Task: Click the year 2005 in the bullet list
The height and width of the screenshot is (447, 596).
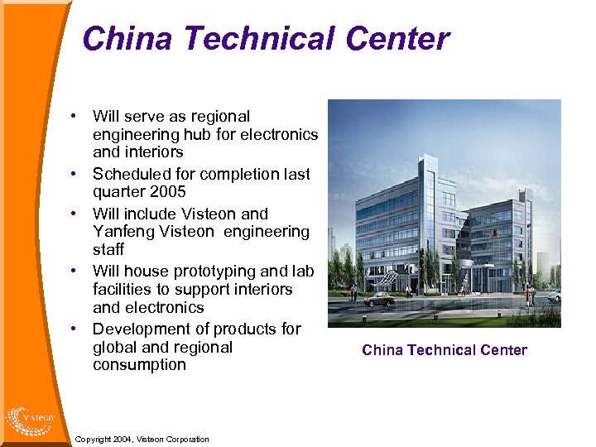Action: point(168,192)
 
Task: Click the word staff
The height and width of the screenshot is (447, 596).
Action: point(108,249)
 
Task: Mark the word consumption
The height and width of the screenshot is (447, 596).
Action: point(139,365)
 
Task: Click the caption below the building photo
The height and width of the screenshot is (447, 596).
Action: point(445,350)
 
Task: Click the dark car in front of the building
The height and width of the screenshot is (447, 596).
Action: point(380,299)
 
